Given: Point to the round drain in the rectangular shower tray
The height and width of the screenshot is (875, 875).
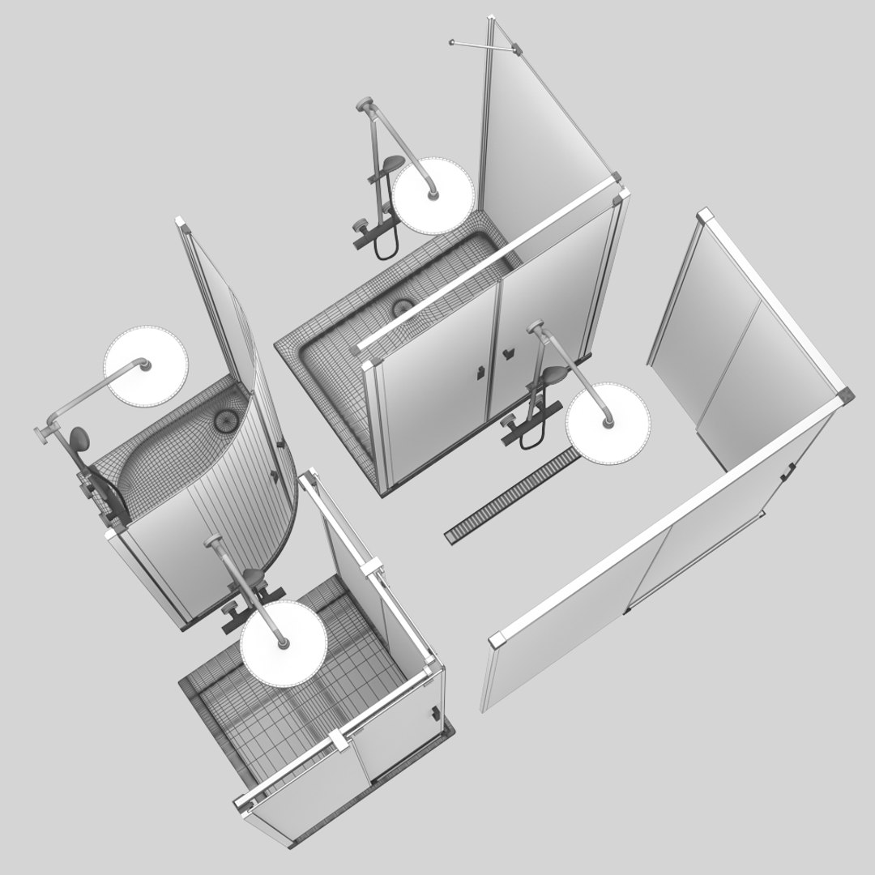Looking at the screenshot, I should coord(402,307).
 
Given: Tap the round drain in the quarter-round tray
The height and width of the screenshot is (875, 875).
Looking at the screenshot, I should coord(224,420).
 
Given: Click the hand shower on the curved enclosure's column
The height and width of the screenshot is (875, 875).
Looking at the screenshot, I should coord(79,440).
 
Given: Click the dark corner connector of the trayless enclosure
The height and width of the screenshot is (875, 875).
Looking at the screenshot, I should coord(845,395).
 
